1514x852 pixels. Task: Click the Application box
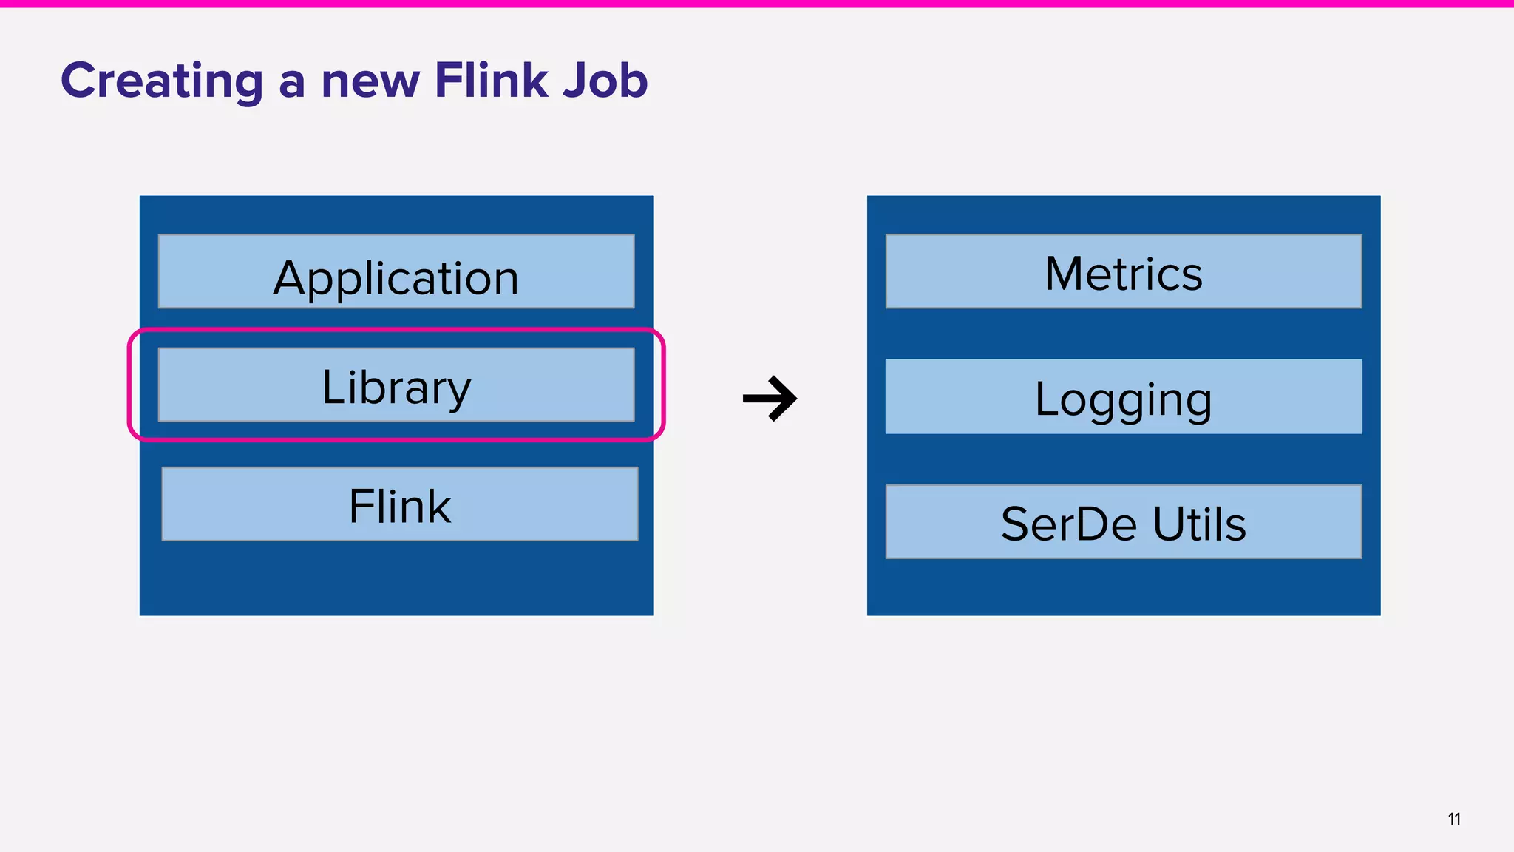point(396,271)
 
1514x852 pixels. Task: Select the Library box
point(396,385)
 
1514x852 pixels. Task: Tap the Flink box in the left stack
point(399,504)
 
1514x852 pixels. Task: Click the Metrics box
point(1123,271)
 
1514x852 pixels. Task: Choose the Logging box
point(1123,396)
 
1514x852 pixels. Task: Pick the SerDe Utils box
point(1123,521)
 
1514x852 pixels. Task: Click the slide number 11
point(1453,819)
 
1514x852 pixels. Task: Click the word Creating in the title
point(161,80)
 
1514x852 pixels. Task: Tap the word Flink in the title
point(490,80)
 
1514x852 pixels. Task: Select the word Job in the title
point(605,80)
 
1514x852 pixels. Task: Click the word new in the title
point(370,81)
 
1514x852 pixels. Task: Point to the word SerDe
point(1067,524)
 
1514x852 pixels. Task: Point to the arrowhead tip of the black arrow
point(795,399)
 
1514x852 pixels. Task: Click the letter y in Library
point(458,392)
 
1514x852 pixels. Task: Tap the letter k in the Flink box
point(438,507)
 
